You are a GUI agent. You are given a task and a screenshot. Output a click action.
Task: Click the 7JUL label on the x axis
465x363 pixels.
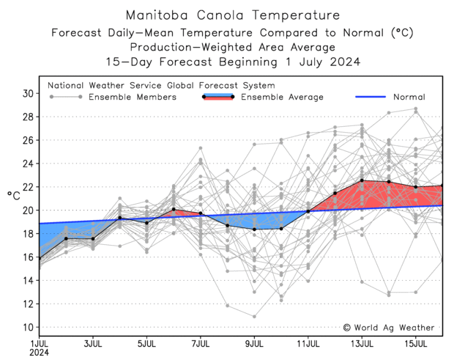(200, 343)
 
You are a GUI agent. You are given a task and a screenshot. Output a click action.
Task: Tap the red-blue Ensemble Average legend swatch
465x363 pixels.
(217, 96)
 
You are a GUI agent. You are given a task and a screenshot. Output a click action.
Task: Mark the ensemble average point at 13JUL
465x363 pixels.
(362, 180)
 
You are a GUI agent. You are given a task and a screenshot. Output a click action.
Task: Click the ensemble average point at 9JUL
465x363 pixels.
(254, 230)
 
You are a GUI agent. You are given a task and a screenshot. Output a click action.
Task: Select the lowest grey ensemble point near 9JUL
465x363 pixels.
(254, 316)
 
